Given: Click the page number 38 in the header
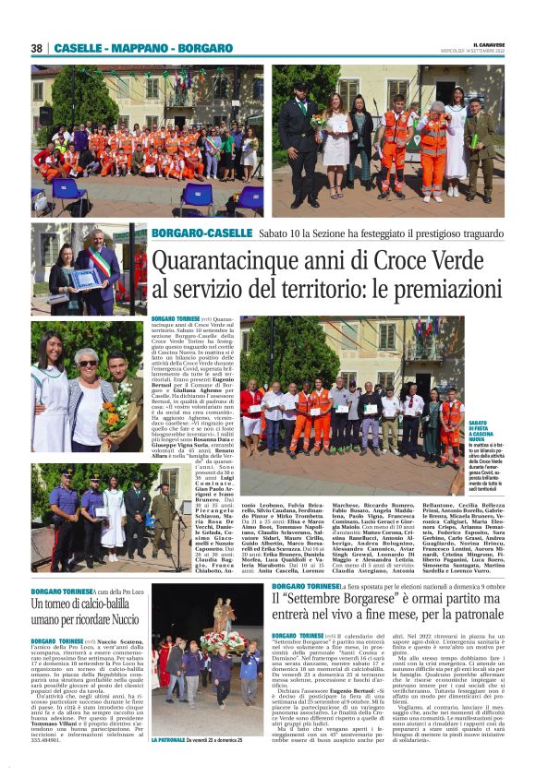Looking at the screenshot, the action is click(37, 48).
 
